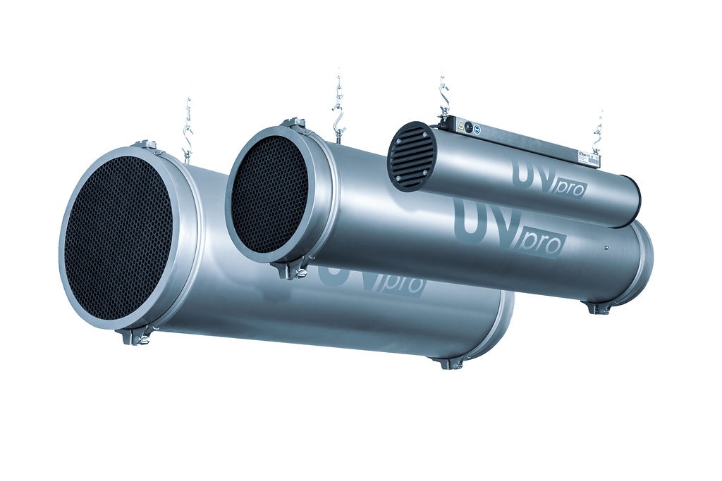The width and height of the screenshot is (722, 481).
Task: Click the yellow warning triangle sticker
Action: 460,126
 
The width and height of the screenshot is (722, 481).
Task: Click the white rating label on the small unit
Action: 587,155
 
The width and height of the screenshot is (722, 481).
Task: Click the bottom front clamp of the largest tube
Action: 137,337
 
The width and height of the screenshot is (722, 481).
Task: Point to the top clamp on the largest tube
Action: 145,146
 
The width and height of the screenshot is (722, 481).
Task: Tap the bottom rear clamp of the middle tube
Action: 598,308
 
